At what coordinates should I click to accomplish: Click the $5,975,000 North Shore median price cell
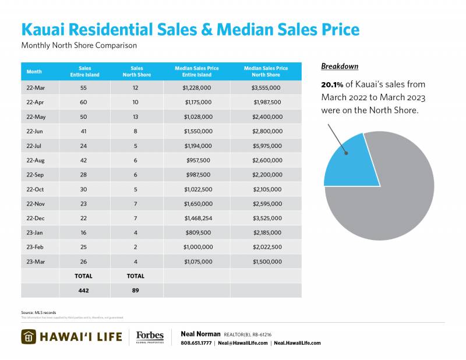[x=266, y=146]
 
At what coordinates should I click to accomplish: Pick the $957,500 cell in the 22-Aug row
[x=197, y=161]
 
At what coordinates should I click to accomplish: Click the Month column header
[x=34, y=72]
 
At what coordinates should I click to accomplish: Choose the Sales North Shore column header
[x=137, y=72]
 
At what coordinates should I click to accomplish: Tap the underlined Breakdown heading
[x=340, y=66]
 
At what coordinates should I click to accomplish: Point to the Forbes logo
[x=150, y=337]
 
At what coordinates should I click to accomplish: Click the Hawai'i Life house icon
[x=30, y=337]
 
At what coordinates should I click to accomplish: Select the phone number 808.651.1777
[x=197, y=343]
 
